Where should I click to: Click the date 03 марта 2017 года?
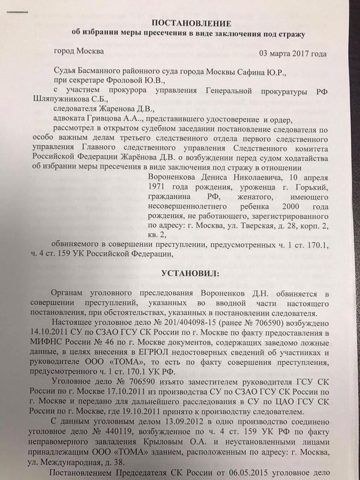click(292, 54)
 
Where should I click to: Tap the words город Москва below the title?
click(79, 51)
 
